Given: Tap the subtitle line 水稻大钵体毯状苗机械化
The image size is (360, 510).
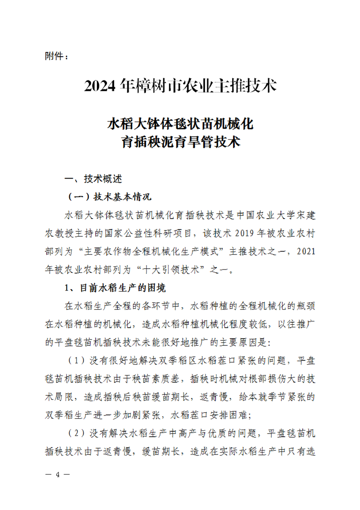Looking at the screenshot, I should coord(180,124).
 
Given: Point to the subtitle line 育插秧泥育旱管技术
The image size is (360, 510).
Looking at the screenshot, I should coord(180,143).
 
